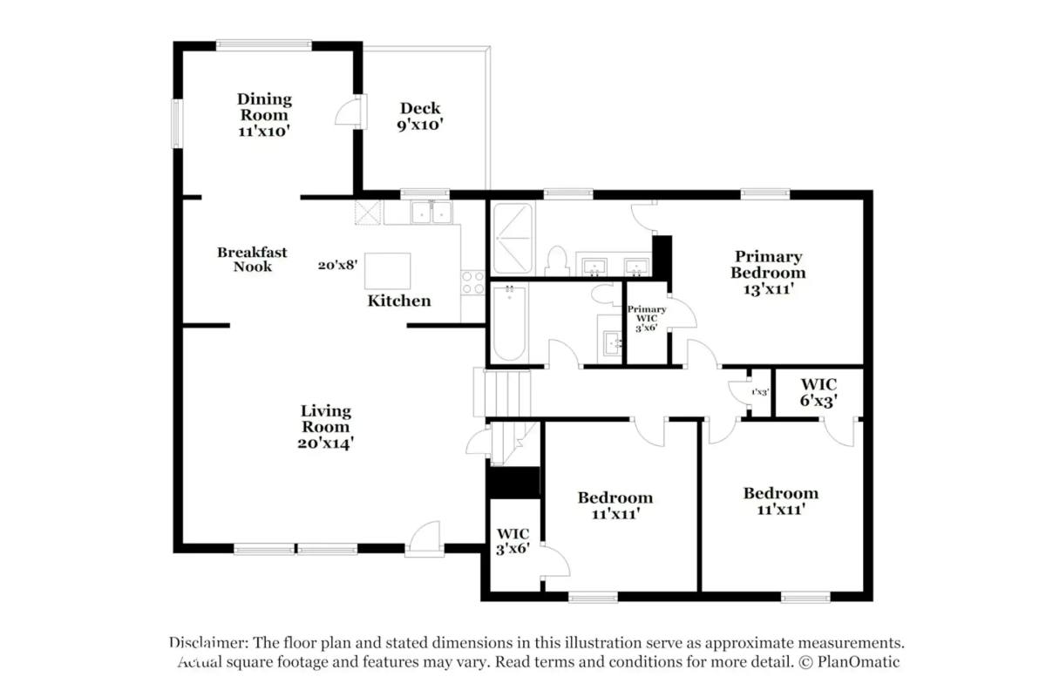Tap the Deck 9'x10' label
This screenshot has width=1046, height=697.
point(420,116)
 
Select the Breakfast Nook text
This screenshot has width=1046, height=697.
point(252,259)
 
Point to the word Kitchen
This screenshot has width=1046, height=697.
point(398,301)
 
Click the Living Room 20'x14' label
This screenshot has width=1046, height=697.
point(326,426)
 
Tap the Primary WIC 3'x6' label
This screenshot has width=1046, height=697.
point(647,318)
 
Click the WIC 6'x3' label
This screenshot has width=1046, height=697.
point(818,392)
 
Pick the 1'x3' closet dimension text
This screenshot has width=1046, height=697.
point(759,393)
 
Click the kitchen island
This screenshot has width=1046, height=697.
point(387,270)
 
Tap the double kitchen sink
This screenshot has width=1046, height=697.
point(431,212)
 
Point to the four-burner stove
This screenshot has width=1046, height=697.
point(472,282)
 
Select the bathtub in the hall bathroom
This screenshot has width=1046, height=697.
point(509,322)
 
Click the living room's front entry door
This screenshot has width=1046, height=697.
point(425,538)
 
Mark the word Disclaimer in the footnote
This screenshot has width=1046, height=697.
point(207,643)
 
